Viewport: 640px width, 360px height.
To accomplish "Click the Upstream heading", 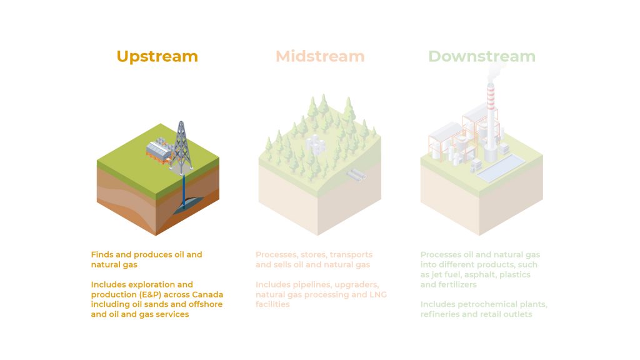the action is (x=157, y=57).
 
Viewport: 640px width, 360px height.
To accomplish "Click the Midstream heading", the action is (x=320, y=56).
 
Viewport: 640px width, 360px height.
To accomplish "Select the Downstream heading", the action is (x=482, y=56).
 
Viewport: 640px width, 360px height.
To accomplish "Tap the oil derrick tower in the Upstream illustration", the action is (x=182, y=146).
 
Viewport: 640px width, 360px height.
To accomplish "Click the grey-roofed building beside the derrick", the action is (x=159, y=152).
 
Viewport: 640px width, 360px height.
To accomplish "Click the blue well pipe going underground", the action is (x=184, y=190).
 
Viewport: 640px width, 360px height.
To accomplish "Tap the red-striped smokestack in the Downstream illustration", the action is (x=491, y=118).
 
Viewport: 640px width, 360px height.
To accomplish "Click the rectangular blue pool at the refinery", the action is (x=501, y=168).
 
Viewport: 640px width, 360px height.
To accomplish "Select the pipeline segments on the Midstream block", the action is (x=356, y=175).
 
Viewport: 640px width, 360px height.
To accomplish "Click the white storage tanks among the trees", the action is (x=315, y=144).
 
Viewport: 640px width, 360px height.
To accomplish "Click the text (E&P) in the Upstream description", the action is (x=151, y=295).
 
